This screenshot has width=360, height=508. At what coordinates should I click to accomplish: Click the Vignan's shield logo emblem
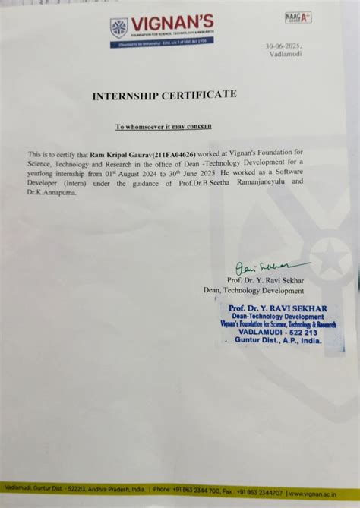(118, 28)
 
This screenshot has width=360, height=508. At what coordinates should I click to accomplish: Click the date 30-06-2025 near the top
(284, 47)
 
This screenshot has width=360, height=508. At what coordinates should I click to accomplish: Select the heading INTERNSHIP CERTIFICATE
(164, 95)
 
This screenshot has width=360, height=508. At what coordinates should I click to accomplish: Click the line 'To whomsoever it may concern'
(163, 125)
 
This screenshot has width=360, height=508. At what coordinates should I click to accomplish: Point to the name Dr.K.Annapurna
(56, 193)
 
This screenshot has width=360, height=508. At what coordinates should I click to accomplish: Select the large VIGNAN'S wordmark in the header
(172, 23)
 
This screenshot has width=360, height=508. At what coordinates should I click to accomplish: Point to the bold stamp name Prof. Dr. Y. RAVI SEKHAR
(277, 308)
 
